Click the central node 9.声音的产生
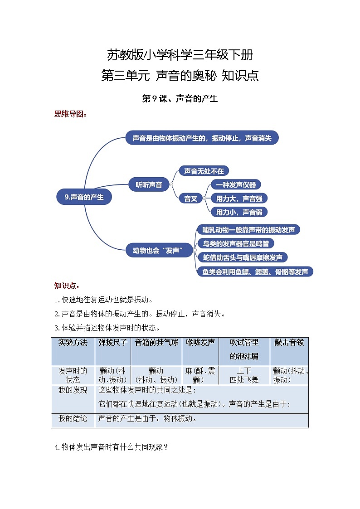(84, 197)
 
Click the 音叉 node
(190, 198)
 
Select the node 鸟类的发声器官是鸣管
(235, 243)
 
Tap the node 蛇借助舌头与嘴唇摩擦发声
(242, 257)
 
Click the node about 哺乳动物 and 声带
(248, 230)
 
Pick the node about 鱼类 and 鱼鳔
(255, 271)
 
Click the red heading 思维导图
(70, 114)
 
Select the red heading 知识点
(67, 286)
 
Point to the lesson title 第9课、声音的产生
(180, 98)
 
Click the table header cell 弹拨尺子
(113, 343)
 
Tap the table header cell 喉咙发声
(200, 343)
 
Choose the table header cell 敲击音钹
(289, 343)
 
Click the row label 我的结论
(73, 419)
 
